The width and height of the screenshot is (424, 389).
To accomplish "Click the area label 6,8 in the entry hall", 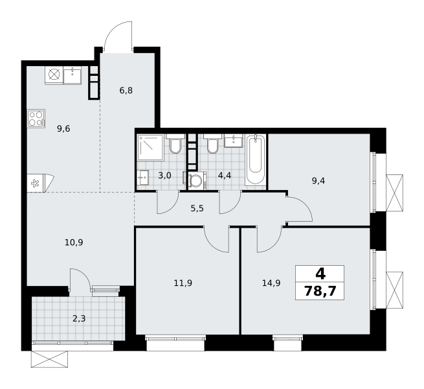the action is (126, 90).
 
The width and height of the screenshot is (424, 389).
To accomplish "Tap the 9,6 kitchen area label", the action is (63, 128).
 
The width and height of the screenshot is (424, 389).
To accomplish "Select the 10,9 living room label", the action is (74, 242).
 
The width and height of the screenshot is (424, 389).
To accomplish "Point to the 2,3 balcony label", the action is (79, 318).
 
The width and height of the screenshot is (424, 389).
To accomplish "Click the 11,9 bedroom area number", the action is (183, 283).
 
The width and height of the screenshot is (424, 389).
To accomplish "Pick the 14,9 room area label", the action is (271, 283).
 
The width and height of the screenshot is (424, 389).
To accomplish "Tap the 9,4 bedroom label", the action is (318, 181).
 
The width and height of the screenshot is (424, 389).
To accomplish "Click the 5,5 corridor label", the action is (197, 209).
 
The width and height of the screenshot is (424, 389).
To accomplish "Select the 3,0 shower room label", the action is (164, 176).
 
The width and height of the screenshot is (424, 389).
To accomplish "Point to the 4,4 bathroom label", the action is (225, 176).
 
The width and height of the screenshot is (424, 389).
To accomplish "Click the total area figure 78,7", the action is (320, 292).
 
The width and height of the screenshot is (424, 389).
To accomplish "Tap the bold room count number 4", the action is (320, 274).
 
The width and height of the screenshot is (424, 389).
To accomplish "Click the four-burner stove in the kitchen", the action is (36, 119).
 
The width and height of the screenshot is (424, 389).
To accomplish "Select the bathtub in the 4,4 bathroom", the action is (255, 160).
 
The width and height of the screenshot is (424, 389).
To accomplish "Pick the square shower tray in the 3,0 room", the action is (150, 147).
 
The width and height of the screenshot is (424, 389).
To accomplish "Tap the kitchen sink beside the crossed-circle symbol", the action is (73, 75).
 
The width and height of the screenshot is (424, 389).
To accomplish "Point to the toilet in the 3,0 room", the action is (175, 144).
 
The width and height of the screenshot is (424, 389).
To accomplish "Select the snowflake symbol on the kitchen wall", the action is (35, 183).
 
